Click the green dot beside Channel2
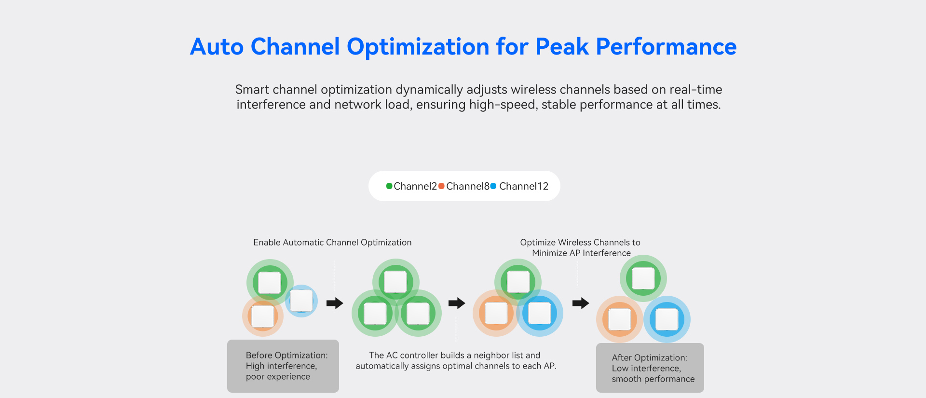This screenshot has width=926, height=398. (389, 186)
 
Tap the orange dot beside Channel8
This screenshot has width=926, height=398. (441, 186)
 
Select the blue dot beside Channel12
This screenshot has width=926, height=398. (493, 186)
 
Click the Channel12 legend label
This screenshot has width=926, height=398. (524, 186)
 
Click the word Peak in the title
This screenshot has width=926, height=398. (562, 47)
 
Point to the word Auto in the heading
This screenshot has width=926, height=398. (217, 47)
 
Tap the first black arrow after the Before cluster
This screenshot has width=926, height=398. (335, 303)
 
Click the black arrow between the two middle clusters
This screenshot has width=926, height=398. (457, 303)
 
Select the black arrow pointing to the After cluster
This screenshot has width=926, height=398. (581, 303)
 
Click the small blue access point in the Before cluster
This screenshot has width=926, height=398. (301, 301)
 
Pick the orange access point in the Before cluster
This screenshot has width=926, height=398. (263, 316)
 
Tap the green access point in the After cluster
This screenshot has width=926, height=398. (643, 278)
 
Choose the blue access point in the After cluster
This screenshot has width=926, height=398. (667, 319)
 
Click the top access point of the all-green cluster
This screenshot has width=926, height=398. (396, 282)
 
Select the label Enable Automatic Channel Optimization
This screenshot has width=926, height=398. (332, 243)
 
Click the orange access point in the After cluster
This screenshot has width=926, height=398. (620, 319)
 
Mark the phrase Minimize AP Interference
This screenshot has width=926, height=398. (581, 253)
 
